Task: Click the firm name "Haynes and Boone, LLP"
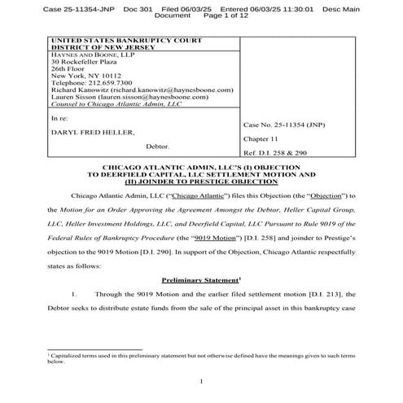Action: point(90,55)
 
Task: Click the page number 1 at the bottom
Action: point(200,380)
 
